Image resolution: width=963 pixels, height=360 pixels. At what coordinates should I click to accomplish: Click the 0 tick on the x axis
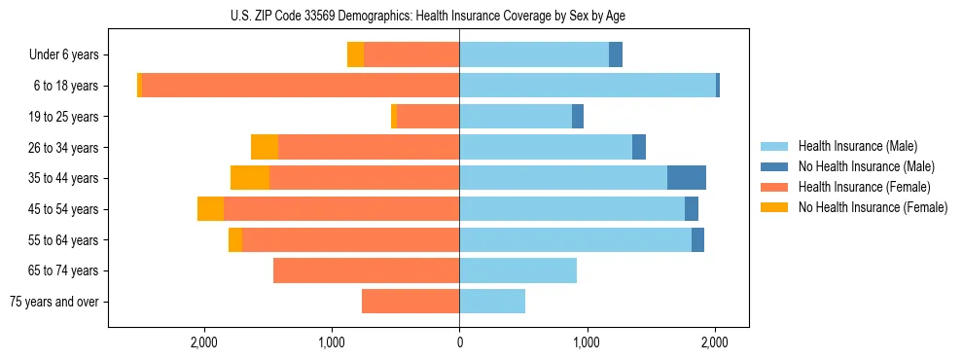pos(459,342)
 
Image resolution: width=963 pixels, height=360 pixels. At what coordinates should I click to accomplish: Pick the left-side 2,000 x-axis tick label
pos(203,342)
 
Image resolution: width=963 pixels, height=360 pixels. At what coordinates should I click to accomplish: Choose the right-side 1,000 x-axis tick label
pos(587,342)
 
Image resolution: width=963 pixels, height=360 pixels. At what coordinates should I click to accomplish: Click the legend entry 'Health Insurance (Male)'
pos(857,146)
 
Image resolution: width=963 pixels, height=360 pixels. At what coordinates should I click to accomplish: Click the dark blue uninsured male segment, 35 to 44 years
pos(687,178)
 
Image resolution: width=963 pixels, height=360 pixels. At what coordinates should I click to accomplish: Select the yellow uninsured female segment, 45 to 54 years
pos(210,209)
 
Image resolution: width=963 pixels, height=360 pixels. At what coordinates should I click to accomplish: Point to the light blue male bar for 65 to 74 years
pos(517,270)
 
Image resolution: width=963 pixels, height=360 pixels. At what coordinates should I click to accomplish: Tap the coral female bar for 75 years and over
pos(410,302)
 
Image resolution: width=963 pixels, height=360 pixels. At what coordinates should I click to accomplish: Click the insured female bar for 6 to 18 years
pos(301,86)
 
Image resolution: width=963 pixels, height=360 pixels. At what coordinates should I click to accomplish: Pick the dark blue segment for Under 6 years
pos(616,55)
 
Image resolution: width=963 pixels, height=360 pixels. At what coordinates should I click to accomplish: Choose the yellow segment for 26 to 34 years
pos(265,147)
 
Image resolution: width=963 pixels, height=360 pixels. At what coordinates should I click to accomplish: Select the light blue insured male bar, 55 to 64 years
pos(575,240)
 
